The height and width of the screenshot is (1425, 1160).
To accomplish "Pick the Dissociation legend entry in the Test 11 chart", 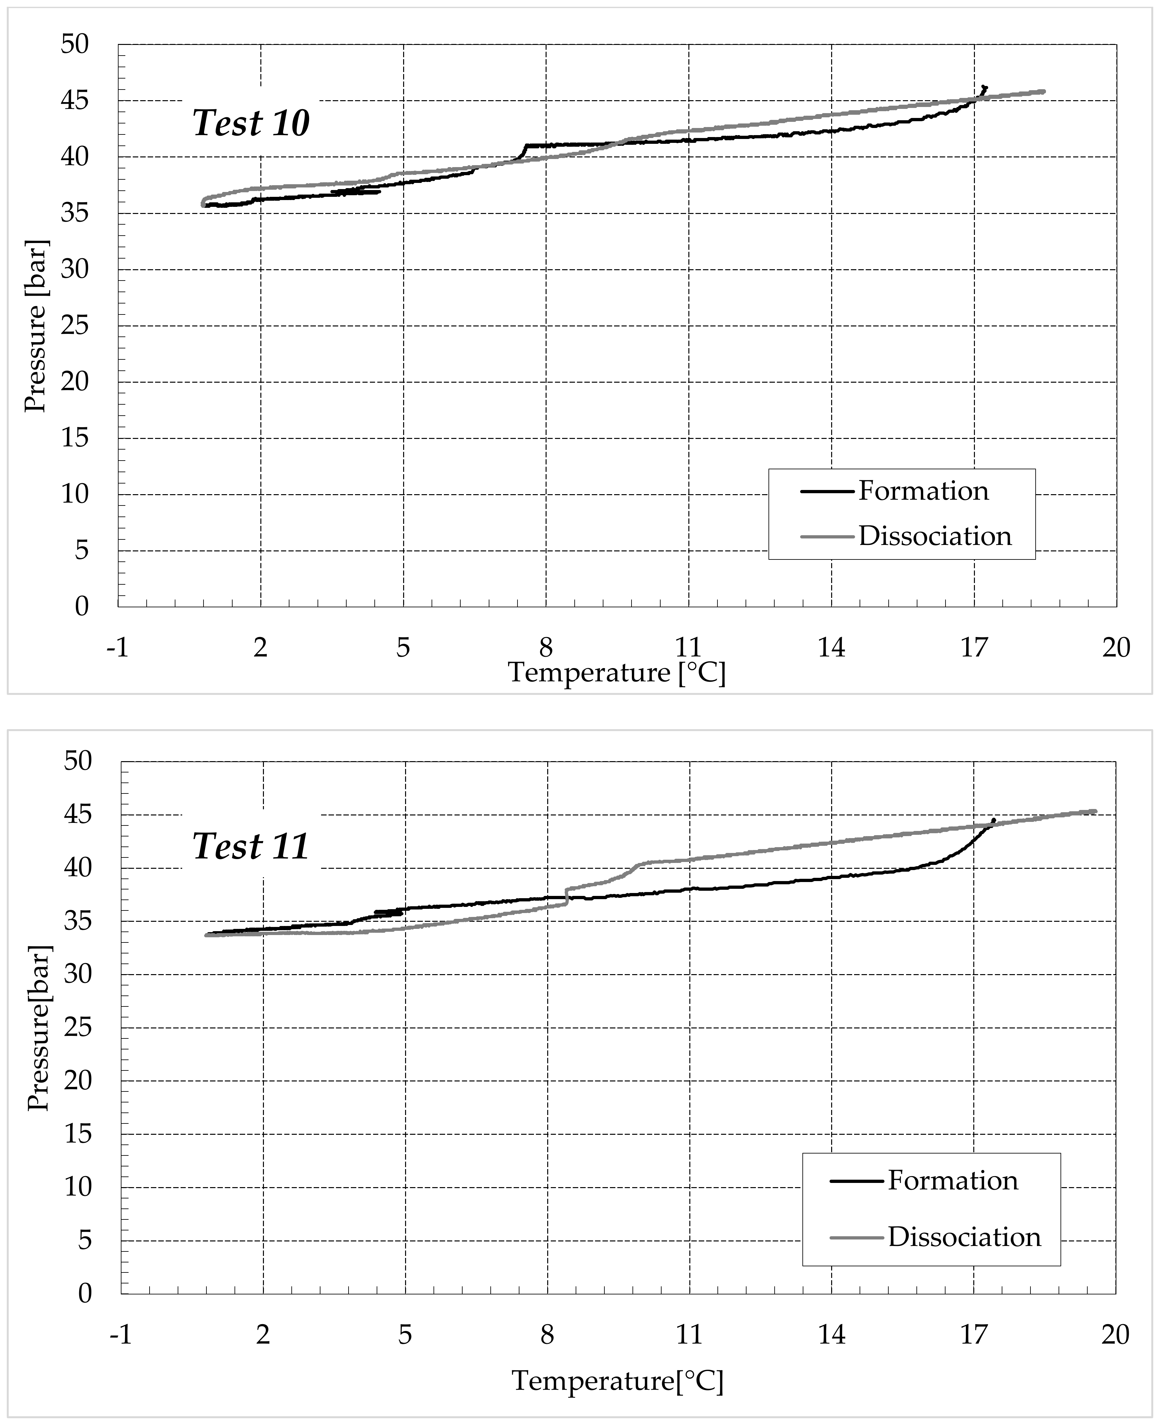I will click(964, 1237).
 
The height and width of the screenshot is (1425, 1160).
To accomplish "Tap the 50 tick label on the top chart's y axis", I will click(74, 45).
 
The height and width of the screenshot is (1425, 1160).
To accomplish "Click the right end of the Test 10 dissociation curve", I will click(1043, 91).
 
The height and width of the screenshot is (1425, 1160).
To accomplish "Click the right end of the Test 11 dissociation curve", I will click(1094, 812).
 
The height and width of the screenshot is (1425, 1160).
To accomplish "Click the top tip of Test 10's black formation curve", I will click(985, 86).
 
